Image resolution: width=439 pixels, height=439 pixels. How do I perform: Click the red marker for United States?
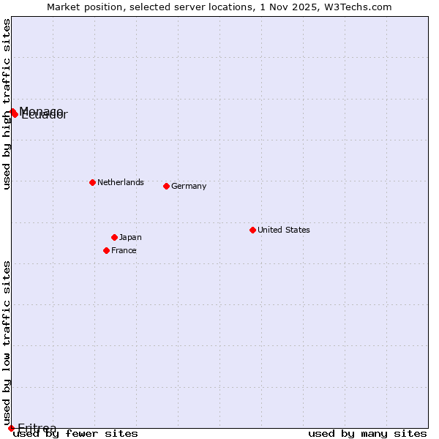click(x=252, y=230)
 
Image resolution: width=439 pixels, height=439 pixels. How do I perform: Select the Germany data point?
click(x=166, y=186)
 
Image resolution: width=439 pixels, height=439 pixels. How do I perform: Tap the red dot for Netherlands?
click(x=92, y=182)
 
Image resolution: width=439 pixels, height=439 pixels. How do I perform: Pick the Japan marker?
click(x=114, y=237)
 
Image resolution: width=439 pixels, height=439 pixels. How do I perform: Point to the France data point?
click(x=106, y=250)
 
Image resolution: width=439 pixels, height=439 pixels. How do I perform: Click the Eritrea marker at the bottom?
click(x=11, y=428)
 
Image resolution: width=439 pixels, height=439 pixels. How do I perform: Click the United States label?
click(x=284, y=230)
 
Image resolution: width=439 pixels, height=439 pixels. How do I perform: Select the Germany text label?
click(x=189, y=186)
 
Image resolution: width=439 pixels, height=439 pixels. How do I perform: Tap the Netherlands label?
click(x=121, y=182)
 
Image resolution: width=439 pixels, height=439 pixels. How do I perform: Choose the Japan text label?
click(x=130, y=237)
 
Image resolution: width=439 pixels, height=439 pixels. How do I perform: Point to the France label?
click(x=124, y=250)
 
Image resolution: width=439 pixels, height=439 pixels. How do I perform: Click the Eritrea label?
click(x=37, y=428)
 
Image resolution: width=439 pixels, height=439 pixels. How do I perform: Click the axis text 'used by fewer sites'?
click(x=75, y=434)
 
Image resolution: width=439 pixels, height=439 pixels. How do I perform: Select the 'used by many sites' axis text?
click(x=367, y=434)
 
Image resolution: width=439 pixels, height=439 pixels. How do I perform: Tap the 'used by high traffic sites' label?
click(x=7, y=104)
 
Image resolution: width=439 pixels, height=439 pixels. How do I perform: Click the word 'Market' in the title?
click(x=63, y=7)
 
